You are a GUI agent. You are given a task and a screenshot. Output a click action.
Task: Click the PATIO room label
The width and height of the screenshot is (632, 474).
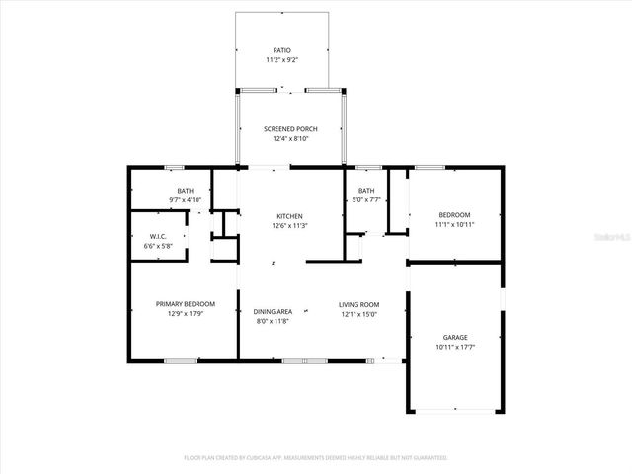[x=282, y=49]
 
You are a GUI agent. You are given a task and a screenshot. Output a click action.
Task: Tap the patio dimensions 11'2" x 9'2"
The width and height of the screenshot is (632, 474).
[x=282, y=60]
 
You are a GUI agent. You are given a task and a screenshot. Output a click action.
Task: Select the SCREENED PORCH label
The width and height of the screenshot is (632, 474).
[x=289, y=129]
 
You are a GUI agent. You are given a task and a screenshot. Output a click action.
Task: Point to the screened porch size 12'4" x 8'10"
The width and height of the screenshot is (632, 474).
[x=289, y=139]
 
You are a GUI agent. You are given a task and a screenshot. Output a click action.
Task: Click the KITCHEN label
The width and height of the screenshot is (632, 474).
[x=289, y=216]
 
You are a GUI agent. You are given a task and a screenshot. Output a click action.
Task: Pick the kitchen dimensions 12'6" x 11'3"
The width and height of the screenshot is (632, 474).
[x=289, y=226]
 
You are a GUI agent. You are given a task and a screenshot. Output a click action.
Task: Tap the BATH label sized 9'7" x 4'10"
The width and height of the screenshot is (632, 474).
[x=186, y=191]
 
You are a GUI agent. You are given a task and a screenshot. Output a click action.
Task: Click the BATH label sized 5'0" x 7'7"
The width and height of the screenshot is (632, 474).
[x=366, y=191]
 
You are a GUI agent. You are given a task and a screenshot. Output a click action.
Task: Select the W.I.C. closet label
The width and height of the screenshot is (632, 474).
[x=158, y=236]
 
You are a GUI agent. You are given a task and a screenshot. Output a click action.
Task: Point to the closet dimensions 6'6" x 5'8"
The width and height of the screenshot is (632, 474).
[x=158, y=246]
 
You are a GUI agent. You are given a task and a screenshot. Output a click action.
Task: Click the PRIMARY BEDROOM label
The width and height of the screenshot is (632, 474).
[x=186, y=304]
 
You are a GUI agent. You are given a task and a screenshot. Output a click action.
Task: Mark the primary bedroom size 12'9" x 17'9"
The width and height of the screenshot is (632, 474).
[x=186, y=314]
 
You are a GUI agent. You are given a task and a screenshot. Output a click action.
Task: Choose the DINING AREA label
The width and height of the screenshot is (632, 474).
[x=273, y=311]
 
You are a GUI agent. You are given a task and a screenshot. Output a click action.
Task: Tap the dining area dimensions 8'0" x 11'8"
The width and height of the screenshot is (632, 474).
[x=273, y=321]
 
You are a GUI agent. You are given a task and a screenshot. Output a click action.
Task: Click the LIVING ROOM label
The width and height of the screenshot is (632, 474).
[x=359, y=304]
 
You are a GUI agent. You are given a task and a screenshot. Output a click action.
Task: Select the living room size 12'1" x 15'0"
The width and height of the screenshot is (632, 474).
[x=359, y=314]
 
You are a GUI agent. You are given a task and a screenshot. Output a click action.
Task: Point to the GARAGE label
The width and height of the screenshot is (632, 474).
[x=454, y=337]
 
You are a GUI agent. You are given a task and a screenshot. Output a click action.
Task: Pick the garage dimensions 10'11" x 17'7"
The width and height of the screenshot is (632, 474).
[x=454, y=347]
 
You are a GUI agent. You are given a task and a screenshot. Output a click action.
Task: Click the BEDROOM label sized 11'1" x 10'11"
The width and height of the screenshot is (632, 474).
[x=454, y=215]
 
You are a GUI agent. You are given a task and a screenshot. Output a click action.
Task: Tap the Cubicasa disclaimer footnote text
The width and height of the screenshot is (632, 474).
[x=316, y=457]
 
